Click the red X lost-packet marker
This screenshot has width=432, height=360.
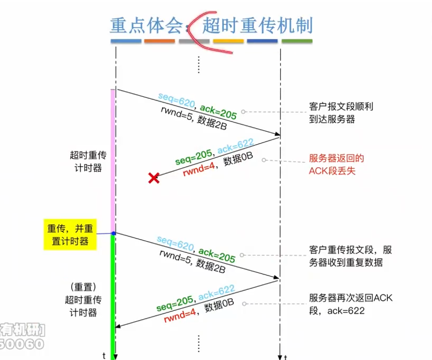click(x=154, y=178)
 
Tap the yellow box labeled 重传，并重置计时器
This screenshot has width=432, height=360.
click(x=67, y=235)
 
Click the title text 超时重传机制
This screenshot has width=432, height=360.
click(x=257, y=25)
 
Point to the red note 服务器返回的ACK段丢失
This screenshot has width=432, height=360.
click(x=336, y=165)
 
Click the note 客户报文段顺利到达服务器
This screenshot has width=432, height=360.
click(x=341, y=112)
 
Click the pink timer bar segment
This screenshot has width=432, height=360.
click(x=113, y=160)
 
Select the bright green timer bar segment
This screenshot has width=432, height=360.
click(x=113, y=293)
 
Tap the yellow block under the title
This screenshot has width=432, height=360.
click(x=228, y=41)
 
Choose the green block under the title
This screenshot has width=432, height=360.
click(x=297, y=41)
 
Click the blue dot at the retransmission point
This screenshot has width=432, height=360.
click(x=114, y=233)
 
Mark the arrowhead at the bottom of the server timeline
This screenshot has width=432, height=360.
click(x=280, y=356)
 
